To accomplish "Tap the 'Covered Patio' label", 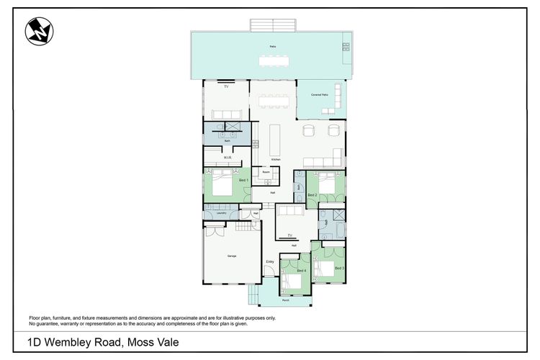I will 320,95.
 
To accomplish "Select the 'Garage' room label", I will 232,256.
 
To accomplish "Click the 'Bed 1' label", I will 243,180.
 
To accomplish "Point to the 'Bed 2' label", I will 312,195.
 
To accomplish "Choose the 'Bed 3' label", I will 339,268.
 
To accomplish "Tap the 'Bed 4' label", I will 302,270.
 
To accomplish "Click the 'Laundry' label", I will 221,212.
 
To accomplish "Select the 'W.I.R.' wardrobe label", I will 228,157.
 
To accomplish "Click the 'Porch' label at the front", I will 285,300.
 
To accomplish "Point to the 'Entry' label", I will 270,261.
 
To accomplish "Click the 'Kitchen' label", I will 275,158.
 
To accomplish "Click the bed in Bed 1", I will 222,185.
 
